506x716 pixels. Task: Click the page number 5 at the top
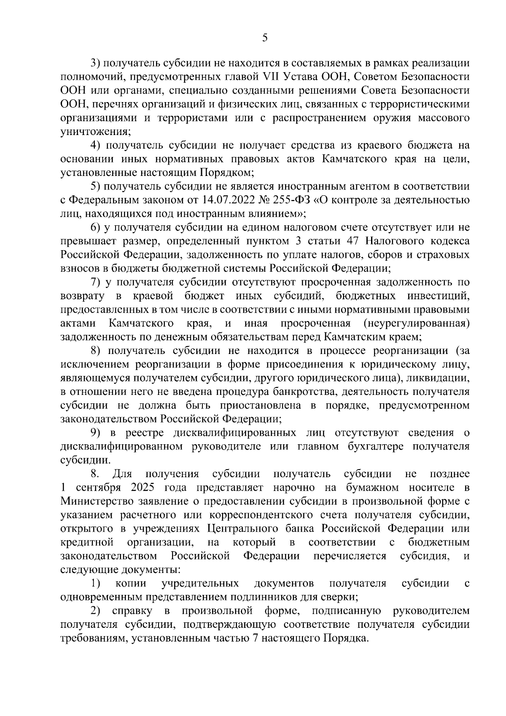click(x=264, y=38)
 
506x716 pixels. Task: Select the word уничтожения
click(x=94, y=131)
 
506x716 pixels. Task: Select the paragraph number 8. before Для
click(x=95, y=474)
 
